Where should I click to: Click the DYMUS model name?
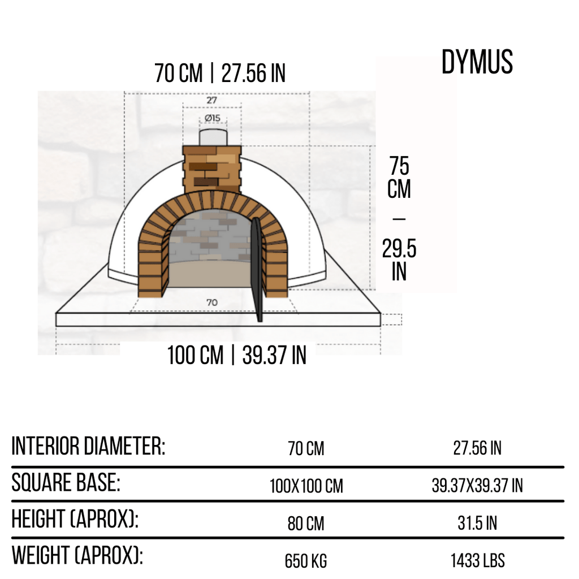point(477,62)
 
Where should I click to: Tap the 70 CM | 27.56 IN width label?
point(219,74)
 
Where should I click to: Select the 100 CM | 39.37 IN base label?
point(236,356)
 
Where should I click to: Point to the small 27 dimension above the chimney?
point(211,100)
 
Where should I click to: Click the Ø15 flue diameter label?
point(212,118)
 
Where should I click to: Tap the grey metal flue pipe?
point(212,137)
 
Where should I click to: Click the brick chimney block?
point(212,167)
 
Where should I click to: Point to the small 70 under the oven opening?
point(211,303)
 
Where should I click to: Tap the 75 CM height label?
point(399,178)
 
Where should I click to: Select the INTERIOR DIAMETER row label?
point(88,447)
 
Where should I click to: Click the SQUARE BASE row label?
point(66,483)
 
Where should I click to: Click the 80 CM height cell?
point(306,524)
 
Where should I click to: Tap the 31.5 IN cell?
point(477,524)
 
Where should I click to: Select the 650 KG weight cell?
point(306,561)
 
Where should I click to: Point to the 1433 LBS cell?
point(477,561)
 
